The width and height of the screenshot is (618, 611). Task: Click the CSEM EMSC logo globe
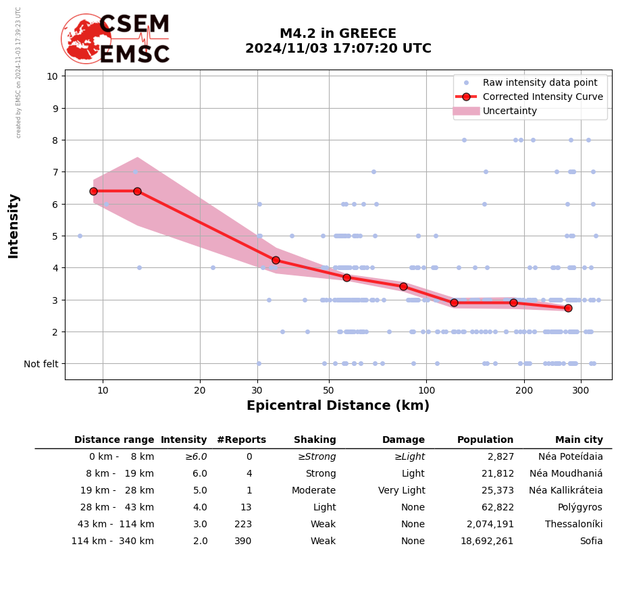click(x=86, y=38)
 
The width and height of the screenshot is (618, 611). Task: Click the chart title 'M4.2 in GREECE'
click(x=338, y=34)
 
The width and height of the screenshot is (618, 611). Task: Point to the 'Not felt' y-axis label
click(x=41, y=364)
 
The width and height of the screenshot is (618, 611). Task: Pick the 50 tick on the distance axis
click(x=328, y=390)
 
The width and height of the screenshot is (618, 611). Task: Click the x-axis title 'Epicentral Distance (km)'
click(x=338, y=406)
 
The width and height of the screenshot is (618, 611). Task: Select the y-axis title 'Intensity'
click(x=14, y=226)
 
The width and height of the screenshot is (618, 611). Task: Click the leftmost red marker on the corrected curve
click(x=93, y=191)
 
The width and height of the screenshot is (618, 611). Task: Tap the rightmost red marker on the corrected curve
click(x=568, y=308)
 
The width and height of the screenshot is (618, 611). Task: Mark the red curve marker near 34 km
click(x=276, y=260)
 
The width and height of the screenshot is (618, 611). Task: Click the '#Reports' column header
click(x=241, y=440)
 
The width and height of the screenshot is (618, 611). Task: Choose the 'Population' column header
click(x=485, y=440)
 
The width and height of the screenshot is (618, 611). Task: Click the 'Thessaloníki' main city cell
click(x=573, y=525)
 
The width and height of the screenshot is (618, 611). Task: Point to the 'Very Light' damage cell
click(x=401, y=491)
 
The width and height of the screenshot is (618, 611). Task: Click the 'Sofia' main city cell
click(x=591, y=541)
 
